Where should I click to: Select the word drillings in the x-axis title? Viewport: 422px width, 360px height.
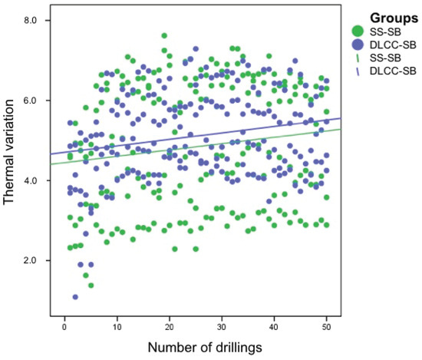[238, 347]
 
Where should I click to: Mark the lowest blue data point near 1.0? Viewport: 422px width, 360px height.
[75, 297]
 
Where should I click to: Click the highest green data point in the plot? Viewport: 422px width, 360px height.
[164, 35]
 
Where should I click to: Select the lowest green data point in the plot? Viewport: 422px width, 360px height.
[91, 286]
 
